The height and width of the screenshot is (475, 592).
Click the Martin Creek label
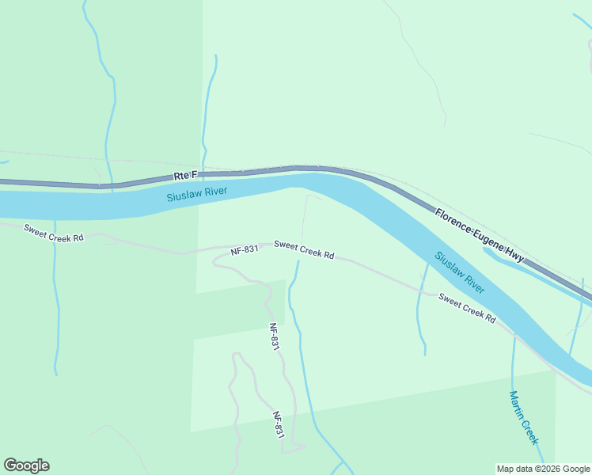(x=523, y=417)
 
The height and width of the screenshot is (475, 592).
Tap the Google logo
(x=26, y=465)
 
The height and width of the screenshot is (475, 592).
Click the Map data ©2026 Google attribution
(x=543, y=469)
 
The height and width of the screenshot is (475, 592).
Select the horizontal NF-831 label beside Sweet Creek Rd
(x=245, y=249)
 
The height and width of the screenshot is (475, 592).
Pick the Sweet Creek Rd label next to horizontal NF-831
(x=304, y=250)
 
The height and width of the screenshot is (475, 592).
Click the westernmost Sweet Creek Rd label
(x=54, y=233)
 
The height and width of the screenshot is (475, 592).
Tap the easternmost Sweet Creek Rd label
(x=467, y=308)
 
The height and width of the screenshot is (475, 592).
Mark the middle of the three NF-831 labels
(x=274, y=337)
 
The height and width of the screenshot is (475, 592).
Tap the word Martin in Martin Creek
(x=517, y=405)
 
